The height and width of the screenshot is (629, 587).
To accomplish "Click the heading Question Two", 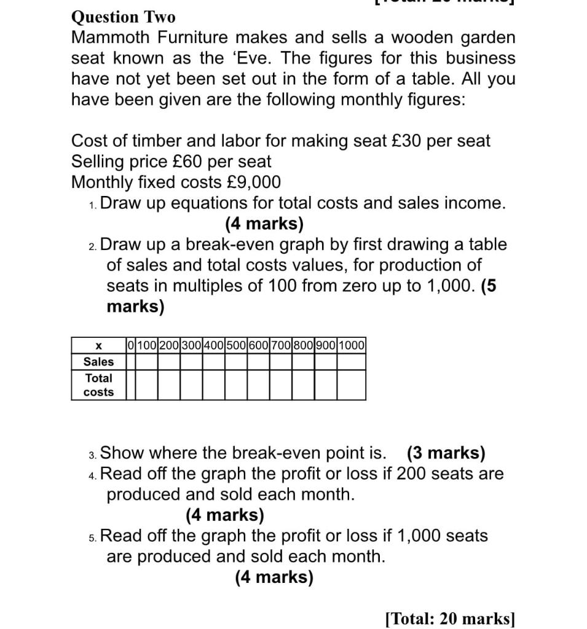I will click(123, 17).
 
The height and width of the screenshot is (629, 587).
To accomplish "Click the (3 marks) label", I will click(446, 453).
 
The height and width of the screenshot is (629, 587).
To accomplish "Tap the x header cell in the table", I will click(98, 345).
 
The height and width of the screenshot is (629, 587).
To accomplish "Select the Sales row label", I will click(98, 362).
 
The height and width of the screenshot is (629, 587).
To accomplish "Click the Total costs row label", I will click(98, 385).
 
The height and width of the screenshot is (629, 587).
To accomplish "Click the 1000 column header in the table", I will click(351, 345).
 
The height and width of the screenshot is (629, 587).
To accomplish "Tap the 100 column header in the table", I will click(146, 345).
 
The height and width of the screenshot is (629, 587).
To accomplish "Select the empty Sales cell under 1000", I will click(351, 362).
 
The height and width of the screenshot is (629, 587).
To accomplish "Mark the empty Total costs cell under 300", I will click(191, 385).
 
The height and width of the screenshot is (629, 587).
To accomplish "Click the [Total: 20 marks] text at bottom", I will click(450, 618).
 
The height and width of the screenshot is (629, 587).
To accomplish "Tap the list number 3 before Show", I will click(92, 455).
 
